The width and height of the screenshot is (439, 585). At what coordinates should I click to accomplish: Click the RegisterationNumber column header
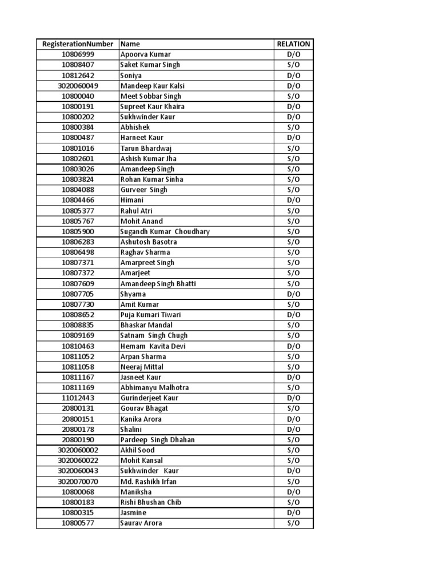(x=77, y=44)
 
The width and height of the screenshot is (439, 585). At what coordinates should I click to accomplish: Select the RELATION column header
(x=293, y=44)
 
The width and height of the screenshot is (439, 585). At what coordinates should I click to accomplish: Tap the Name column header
(x=130, y=44)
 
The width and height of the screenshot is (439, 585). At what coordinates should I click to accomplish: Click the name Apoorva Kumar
(x=146, y=54)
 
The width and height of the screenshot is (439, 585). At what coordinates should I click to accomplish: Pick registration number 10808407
(x=78, y=65)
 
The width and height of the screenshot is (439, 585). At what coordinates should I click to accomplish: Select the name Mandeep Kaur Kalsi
(x=153, y=86)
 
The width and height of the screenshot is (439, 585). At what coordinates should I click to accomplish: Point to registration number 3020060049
(x=78, y=86)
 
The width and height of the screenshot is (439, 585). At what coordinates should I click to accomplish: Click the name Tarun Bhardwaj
(x=146, y=148)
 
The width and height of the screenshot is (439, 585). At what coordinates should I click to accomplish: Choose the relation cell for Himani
(x=293, y=200)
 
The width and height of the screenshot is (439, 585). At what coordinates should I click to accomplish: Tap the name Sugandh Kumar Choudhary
(x=165, y=231)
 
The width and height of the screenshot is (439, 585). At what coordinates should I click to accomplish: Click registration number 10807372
(x=78, y=273)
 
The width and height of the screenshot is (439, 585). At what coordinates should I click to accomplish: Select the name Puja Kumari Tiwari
(x=150, y=315)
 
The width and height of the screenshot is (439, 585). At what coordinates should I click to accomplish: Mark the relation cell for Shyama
(x=293, y=294)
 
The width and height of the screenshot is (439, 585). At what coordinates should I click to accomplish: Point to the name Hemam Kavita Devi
(x=153, y=346)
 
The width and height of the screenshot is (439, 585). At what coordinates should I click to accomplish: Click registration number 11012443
(x=78, y=398)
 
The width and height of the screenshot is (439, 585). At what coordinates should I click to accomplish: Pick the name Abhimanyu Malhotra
(x=154, y=387)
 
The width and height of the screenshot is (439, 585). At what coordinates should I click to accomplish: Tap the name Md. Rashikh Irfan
(x=149, y=482)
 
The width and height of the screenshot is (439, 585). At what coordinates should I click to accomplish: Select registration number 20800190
(x=78, y=440)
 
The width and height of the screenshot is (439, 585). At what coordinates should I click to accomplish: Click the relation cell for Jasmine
(x=293, y=512)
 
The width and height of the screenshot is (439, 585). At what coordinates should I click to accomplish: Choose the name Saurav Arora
(x=141, y=523)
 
